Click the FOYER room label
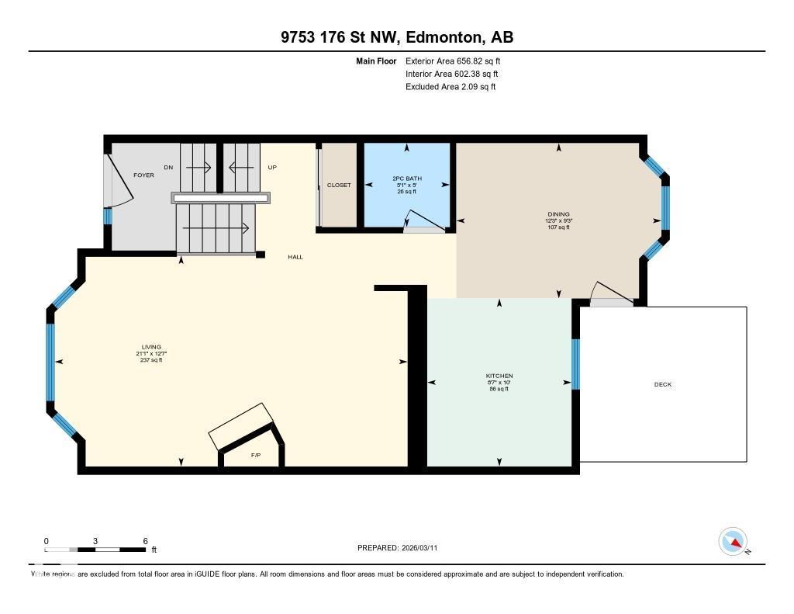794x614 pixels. [143, 175]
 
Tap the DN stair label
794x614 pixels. [168, 167]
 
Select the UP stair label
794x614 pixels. [272, 167]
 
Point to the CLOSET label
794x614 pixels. [339, 185]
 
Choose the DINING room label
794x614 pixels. [558, 214]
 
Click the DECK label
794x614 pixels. [663, 384]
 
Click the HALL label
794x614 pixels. [295, 257]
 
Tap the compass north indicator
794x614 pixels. [733, 541]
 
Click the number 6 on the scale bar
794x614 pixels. [145, 540]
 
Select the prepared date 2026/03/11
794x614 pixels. [425, 547]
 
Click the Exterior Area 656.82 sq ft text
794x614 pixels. [458, 61]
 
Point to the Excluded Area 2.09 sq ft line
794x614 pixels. [451, 87]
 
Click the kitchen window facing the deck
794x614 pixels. [575, 363]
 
